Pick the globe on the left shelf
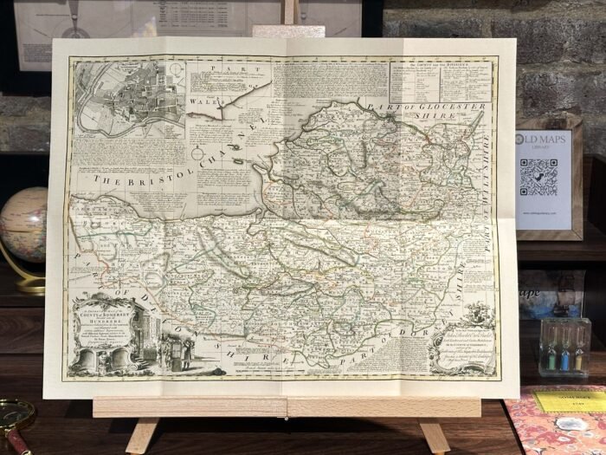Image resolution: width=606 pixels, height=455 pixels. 21,225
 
